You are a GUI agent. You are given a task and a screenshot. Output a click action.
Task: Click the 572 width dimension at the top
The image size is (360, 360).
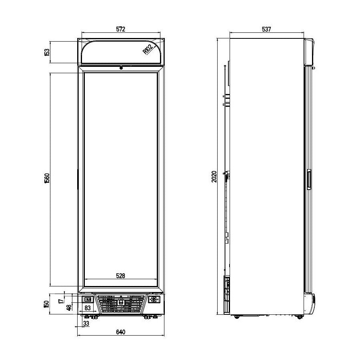tap(121, 29)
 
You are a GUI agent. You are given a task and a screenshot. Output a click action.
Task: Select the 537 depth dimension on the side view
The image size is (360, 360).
tap(266, 29)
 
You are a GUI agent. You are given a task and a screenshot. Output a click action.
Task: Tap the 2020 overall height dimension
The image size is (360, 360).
tap(214, 176)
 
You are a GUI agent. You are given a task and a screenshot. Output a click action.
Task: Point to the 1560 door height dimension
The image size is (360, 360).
tap(47, 178)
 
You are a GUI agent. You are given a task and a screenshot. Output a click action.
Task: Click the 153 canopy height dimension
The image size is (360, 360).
tap(47, 52)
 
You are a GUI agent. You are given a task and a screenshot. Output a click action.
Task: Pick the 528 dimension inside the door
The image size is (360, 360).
tap(121, 275)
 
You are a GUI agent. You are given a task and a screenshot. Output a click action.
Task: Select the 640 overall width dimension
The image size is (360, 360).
tap(121, 332)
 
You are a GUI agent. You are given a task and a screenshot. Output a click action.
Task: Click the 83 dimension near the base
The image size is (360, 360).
tap(88, 308)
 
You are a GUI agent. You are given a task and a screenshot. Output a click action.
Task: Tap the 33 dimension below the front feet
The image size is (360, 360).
tap(86, 323)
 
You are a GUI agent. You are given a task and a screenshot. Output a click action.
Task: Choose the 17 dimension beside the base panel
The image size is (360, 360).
tap(61, 300)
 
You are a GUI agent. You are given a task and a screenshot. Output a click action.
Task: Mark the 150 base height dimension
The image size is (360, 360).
tap(47, 305)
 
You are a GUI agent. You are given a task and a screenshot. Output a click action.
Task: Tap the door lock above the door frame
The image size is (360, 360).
tap(121, 68)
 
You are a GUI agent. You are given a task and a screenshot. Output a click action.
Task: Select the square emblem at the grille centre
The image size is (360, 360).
tap(121, 302)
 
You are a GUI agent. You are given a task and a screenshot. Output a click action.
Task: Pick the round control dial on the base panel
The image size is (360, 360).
tap(154, 300)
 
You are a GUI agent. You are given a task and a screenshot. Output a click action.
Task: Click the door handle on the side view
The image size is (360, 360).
tap(309, 179)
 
